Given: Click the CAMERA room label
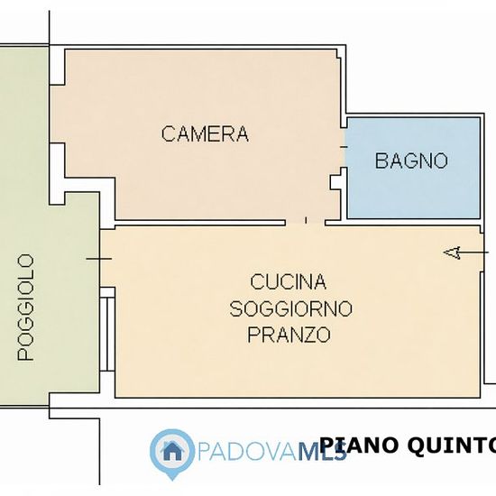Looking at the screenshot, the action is click(205, 133).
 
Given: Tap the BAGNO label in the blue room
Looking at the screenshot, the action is click(411, 161).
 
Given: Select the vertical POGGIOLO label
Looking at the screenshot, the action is click(25, 308).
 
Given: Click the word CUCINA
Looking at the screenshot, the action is click(289, 281).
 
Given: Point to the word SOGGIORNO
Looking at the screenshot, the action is click(290, 308).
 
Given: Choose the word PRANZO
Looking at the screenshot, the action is click(289, 335).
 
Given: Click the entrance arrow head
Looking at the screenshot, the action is click(452, 253).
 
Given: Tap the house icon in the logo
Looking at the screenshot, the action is click(172, 451).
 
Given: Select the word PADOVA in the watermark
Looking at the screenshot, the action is click(248, 452).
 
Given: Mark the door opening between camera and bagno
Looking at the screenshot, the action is click(344, 147).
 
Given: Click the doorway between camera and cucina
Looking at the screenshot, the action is click(305, 223).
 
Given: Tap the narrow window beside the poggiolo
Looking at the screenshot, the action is click(107, 329).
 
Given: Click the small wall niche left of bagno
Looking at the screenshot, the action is click(335, 182).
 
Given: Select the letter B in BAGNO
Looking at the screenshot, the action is click(381, 161).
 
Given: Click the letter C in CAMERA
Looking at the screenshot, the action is click(169, 133).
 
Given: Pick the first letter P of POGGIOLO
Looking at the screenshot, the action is click(25, 354).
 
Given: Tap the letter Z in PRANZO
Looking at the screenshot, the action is click(308, 335).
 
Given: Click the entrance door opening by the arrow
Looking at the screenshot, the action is click(482, 253).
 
